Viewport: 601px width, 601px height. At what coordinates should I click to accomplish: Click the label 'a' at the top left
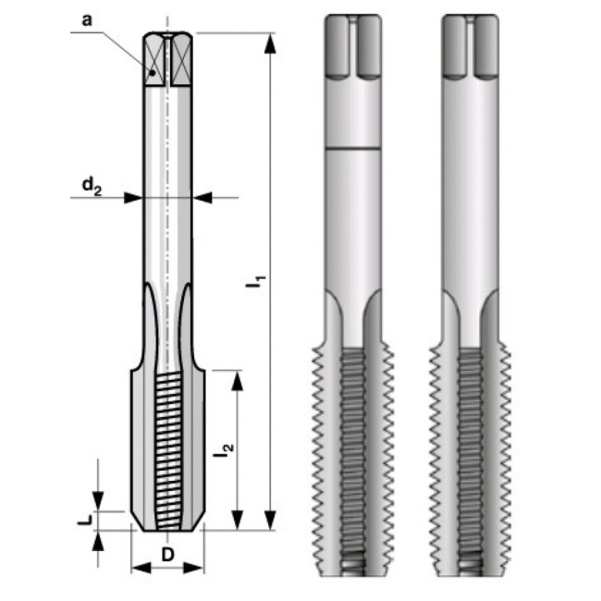[86, 18]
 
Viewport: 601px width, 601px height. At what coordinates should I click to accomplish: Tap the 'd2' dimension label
[90, 187]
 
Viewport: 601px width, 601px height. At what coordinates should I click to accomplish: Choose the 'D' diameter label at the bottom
[166, 555]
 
